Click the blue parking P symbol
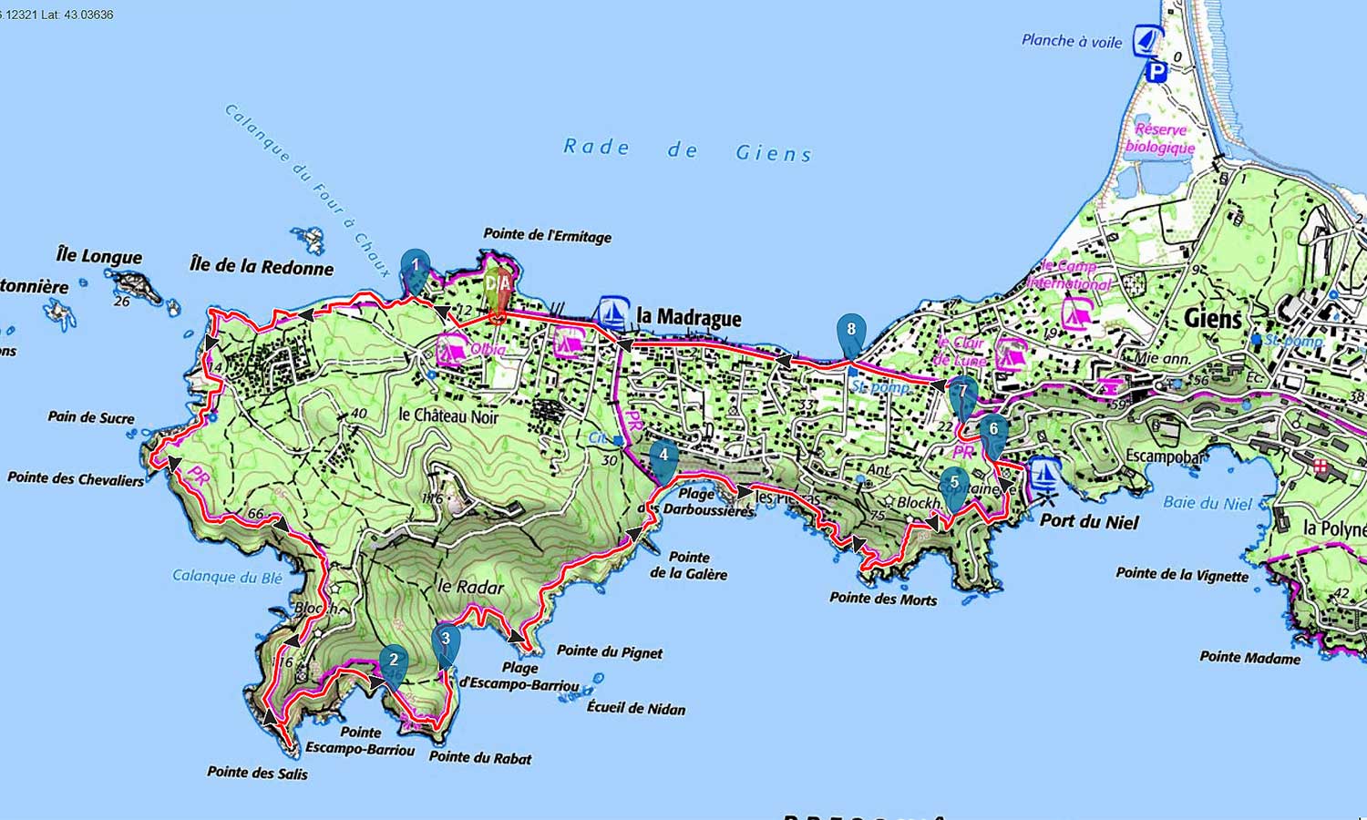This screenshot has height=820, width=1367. coord(1156,71)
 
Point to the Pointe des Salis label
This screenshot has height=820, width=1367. coord(257,773)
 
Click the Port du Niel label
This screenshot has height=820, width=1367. coord(1089,522)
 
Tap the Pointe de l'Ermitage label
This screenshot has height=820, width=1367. coord(547,236)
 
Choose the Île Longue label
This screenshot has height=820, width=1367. coord(99,257)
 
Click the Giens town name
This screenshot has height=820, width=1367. coord(1213,318)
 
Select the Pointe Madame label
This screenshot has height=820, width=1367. coord(1249,657)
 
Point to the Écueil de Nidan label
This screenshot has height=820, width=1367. coord(635,708)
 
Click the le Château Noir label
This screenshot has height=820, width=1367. coord(448,415)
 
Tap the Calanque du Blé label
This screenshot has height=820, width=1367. coord(227,576)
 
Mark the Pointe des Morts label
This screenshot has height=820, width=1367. coord(882,599)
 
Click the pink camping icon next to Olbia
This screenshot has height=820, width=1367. coord(451,350)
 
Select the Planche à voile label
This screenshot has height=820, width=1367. coord(1072,41)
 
